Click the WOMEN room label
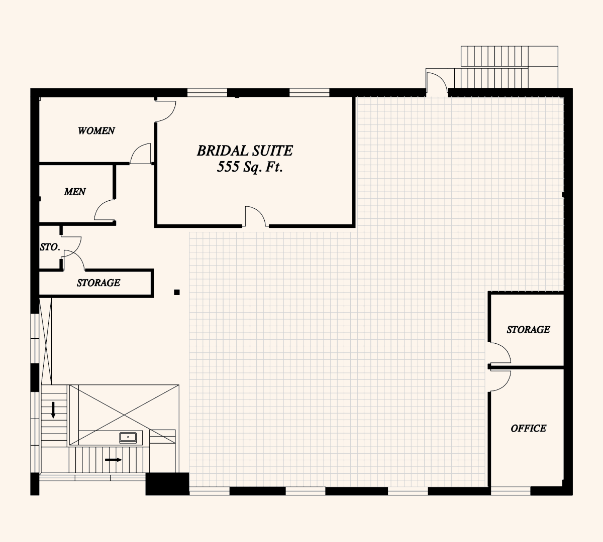[96, 130]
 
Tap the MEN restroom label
[75, 192]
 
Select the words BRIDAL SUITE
[245, 151]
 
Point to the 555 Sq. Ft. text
[250, 167]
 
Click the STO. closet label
[50, 247]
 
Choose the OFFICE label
[529, 428]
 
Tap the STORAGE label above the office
[528, 329]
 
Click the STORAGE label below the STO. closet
[98, 283]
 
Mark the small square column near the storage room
[177, 292]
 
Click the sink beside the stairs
[128, 438]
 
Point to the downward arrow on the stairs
[53, 410]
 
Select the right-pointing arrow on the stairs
[114, 460]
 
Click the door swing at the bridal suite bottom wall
[255, 216]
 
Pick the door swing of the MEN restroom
[105, 210]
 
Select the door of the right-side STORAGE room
[500, 353]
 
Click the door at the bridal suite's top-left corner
[166, 111]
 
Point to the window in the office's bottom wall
[511, 491]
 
